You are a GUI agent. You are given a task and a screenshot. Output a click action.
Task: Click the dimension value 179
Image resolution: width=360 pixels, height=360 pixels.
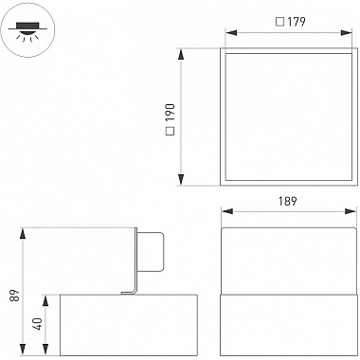click(297, 22)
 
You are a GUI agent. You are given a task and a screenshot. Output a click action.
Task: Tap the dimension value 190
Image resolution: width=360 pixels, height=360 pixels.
click(171, 113)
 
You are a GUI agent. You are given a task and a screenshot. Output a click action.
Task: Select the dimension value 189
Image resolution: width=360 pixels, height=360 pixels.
click(288, 201)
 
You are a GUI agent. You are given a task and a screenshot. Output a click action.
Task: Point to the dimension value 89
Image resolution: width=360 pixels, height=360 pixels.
click(14, 295)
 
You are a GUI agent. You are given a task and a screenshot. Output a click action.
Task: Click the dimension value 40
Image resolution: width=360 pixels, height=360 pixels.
click(38, 324)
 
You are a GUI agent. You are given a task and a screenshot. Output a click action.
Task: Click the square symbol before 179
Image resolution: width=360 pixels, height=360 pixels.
click(280, 22)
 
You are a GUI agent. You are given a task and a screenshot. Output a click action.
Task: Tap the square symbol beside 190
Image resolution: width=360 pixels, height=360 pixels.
click(171, 131)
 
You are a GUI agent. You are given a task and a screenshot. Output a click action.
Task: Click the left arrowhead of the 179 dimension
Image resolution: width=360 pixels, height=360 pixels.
click(231, 33)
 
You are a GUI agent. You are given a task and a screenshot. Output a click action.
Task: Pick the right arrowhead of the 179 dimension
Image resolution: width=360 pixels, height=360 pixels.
click(347, 33)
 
